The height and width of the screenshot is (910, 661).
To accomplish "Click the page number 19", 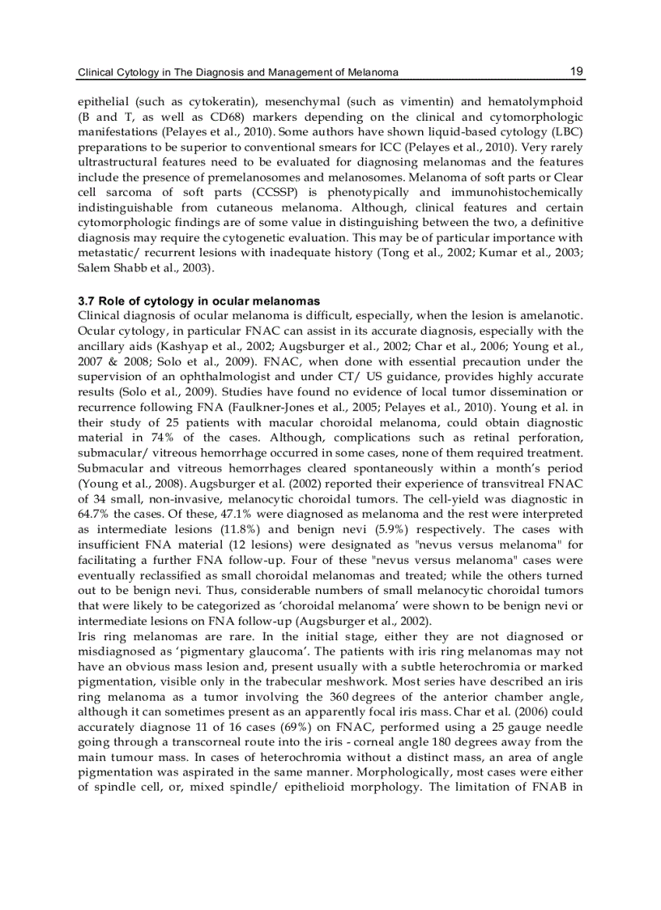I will click(x=577, y=71).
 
